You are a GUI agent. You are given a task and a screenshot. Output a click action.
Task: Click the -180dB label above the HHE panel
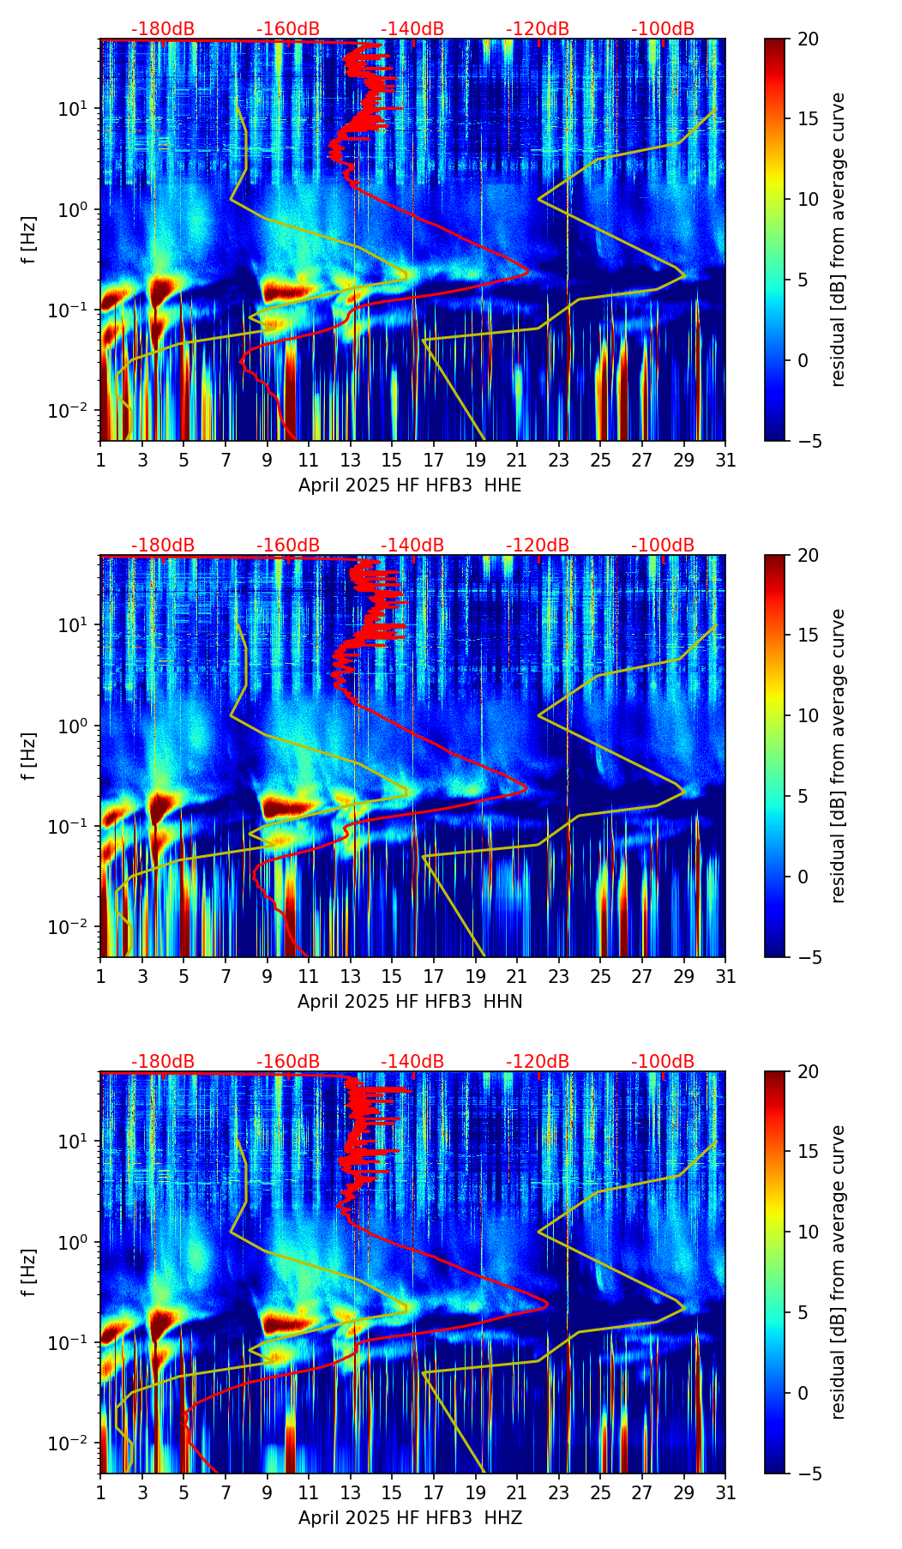pos(163,29)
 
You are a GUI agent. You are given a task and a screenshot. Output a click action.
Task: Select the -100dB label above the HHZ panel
pos(663,1062)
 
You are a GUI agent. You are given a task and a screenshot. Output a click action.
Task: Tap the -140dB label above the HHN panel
pos(412,545)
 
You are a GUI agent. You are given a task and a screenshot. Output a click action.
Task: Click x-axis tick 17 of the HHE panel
pos(434,460)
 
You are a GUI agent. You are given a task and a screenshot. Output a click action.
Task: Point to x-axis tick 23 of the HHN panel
pos(559,976)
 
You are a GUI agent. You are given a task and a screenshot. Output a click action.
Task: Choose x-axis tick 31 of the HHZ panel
pos(725,1492)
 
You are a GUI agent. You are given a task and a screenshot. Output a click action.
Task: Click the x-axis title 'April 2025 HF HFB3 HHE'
pos(410,485)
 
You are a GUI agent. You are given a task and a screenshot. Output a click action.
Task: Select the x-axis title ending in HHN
pos(410,1002)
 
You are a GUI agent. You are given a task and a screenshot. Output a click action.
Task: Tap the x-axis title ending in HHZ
pos(410,1518)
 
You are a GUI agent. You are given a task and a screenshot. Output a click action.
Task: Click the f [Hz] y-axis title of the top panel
pos(29,239)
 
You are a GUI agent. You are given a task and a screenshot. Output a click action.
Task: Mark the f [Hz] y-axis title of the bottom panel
pos(29,1272)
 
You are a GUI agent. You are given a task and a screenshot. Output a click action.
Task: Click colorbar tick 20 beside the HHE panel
pos(808,39)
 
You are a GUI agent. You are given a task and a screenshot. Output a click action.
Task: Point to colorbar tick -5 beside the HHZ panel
pos(805,1474)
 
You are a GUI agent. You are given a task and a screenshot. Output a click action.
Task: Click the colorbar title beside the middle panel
pos(838,756)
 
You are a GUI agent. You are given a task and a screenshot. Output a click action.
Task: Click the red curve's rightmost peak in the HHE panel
pos(528,271)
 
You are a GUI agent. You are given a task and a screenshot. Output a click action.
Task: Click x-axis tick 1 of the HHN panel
pos(101,976)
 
